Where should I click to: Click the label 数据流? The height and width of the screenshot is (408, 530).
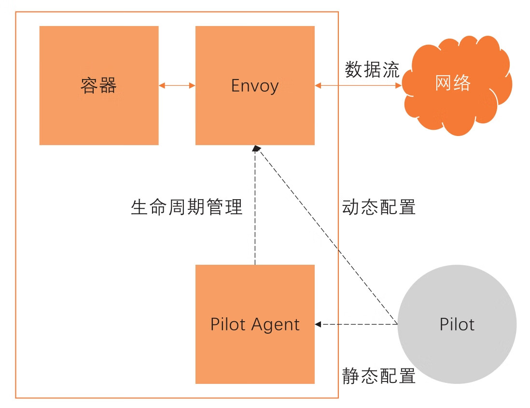(x=372, y=70)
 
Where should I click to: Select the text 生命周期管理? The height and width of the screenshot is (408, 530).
(x=186, y=207)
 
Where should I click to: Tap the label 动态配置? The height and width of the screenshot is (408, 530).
(x=379, y=207)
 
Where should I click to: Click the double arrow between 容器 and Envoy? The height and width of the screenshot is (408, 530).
(x=177, y=85)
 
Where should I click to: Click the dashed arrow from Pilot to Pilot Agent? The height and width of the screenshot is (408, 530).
(x=357, y=324)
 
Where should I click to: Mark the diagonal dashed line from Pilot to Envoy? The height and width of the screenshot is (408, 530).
(x=328, y=236)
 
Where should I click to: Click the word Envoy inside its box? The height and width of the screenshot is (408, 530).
(x=255, y=86)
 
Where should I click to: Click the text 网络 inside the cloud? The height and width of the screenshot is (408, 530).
(x=453, y=83)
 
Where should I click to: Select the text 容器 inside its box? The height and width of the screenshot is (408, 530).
(x=98, y=86)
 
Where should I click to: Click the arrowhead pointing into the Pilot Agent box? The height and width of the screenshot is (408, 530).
(x=319, y=324)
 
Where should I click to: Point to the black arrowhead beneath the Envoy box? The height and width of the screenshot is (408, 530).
(x=256, y=149)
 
